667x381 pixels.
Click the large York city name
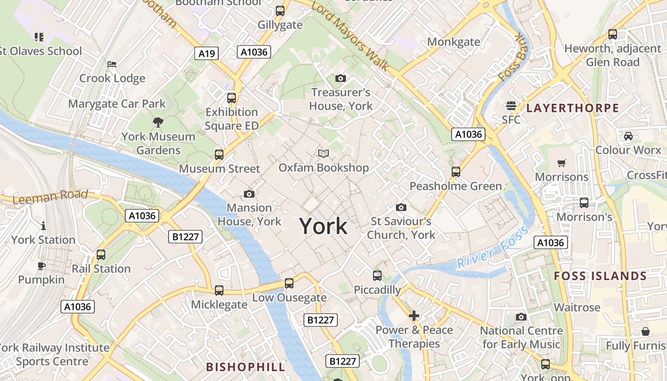pyautogui.click(x=323, y=226)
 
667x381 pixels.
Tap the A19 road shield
pyautogui.click(x=206, y=53)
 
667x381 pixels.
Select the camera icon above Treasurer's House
pyautogui.click(x=341, y=78)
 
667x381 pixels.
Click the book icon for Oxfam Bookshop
pyautogui.click(x=323, y=153)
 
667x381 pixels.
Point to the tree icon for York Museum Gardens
pyautogui.click(x=158, y=122)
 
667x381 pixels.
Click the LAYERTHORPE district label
pyautogui.click(x=573, y=108)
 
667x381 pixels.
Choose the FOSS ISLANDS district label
pyautogui.click(x=600, y=276)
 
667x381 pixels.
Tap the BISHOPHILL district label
pyautogui.click(x=246, y=367)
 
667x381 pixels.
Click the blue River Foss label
pyautogui.click(x=493, y=247)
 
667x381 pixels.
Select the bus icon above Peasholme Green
pyautogui.click(x=456, y=171)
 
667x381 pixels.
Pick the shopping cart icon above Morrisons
pyautogui.click(x=562, y=163)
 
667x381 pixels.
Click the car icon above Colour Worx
pyautogui.click(x=628, y=136)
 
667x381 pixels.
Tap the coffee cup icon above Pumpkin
pyautogui.click(x=41, y=266)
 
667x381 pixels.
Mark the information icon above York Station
pyautogui.click(x=43, y=226)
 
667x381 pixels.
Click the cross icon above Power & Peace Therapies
pyautogui.click(x=414, y=316)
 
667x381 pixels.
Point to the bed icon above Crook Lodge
pyautogui.click(x=112, y=64)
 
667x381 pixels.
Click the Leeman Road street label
pyautogui.click(x=50, y=196)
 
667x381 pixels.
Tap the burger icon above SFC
pyautogui.click(x=511, y=105)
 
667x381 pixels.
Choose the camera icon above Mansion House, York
pyautogui.click(x=249, y=194)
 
